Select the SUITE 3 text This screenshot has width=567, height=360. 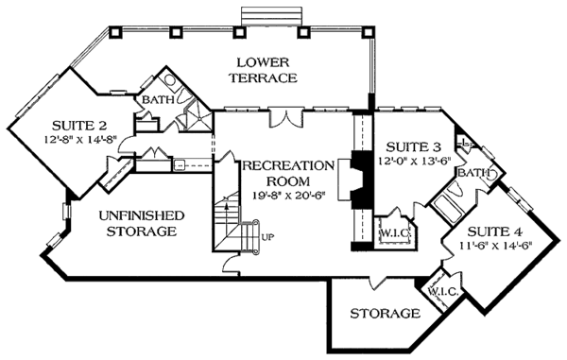(410, 146)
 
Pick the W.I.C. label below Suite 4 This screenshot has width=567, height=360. (442, 292)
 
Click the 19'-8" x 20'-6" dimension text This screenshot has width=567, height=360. (288, 197)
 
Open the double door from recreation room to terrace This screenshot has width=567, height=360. (283, 117)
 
